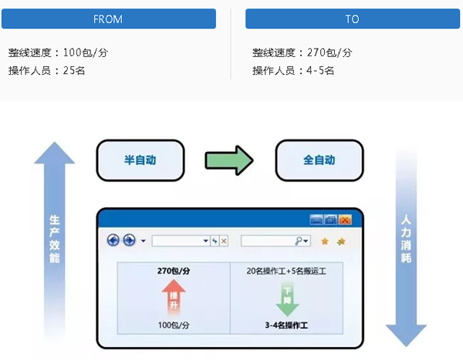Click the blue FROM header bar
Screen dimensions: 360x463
pos(108,19)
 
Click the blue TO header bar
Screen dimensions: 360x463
pos(352,19)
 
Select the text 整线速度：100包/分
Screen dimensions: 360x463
pos(58,52)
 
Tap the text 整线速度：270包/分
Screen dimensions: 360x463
pos(302,52)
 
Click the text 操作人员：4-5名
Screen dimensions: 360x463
pos(293,71)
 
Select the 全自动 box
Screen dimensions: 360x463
pos(319,161)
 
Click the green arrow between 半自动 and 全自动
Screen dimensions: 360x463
pos(229,161)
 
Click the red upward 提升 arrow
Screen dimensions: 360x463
pos(174,297)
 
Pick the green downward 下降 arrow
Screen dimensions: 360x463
pos(287,297)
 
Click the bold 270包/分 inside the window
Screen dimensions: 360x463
pos(174,271)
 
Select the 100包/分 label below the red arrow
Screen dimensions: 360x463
pos(174,325)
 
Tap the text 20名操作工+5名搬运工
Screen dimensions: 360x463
pos(288,271)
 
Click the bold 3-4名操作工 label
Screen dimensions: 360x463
pos(288,325)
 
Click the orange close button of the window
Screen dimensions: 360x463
pos(345,220)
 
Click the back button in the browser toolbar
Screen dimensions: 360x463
pos(113,241)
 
